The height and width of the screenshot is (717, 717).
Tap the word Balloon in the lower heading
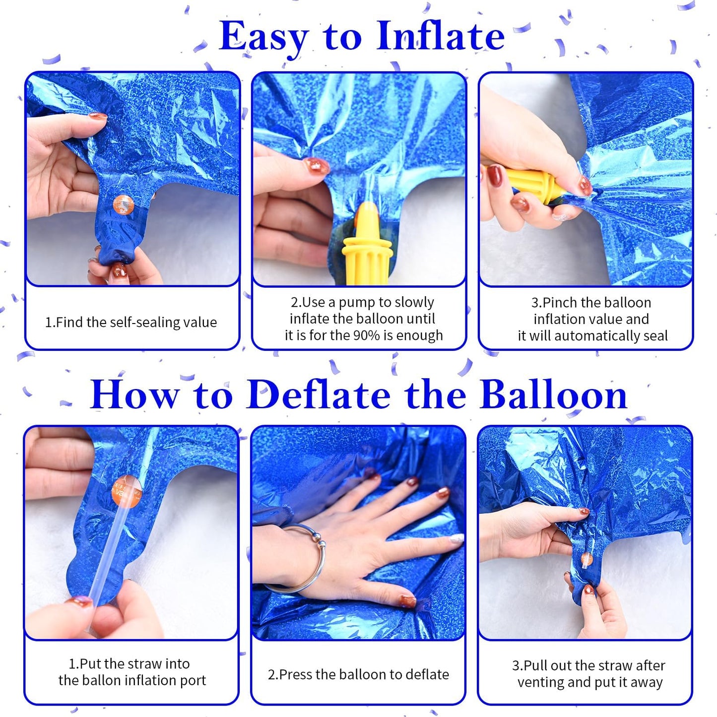(553, 395)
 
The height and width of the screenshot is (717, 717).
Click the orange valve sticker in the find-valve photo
(124, 204)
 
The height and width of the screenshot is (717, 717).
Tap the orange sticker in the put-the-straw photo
(127, 491)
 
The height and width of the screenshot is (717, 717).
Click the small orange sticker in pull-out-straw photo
(587, 559)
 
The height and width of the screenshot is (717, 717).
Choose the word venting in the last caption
(541, 683)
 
